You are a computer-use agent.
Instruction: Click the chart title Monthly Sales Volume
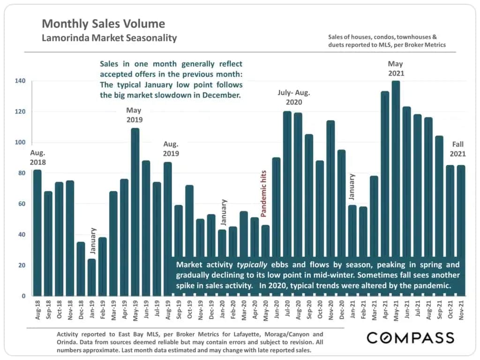(x=103, y=23)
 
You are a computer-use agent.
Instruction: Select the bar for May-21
(x=396, y=187)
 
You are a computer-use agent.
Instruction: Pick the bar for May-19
(x=135, y=211)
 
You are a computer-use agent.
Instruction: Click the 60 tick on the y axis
(x=22, y=204)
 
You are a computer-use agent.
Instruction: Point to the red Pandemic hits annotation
(x=263, y=194)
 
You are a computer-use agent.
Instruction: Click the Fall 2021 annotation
(x=458, y=149)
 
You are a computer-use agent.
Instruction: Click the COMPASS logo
(x=410, y=337)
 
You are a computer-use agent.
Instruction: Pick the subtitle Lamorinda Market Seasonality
(x=109, y=38)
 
